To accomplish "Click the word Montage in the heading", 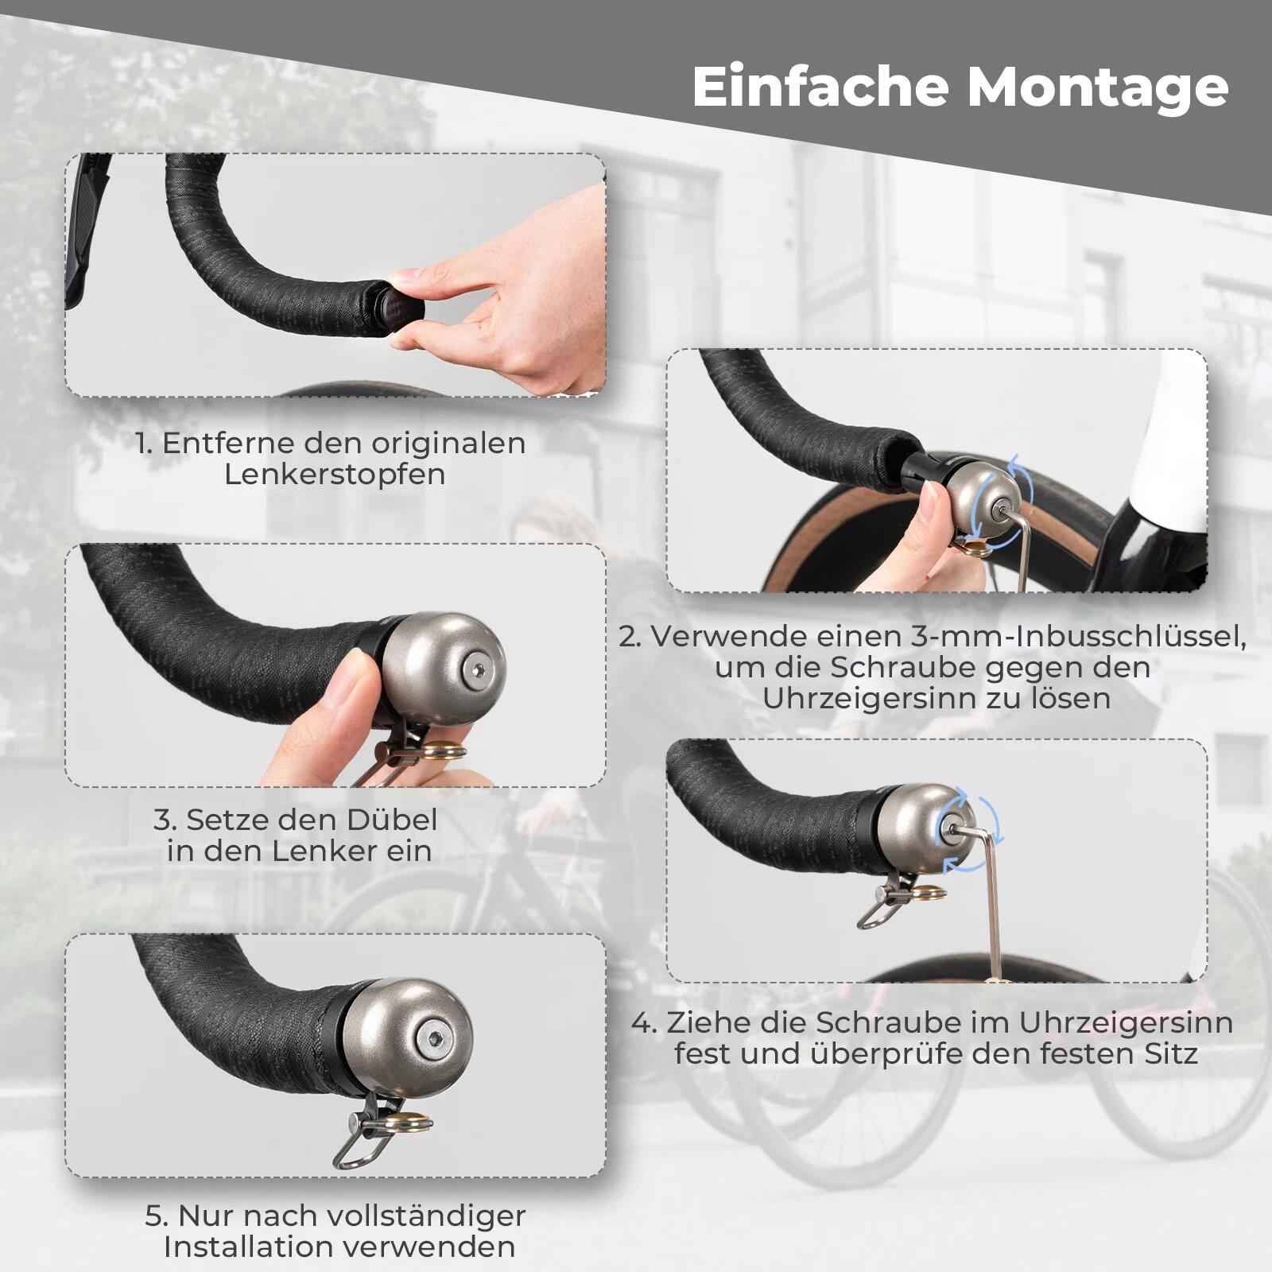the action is point(1098,89).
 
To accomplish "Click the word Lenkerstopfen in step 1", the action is point(334,475).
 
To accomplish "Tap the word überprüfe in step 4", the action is point(890,1055).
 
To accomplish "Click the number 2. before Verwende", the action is point(630,637).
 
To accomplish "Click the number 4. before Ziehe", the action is point(644,1023).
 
